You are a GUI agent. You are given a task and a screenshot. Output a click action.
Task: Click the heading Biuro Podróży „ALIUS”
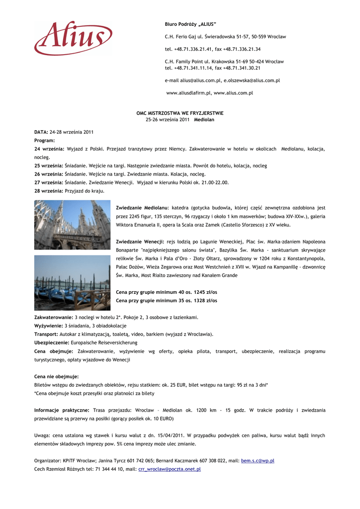click(190, 24)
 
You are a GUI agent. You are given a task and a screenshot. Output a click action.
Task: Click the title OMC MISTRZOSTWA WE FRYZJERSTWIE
click(180, 113)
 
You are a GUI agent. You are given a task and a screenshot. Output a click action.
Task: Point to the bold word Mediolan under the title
click(204, 120)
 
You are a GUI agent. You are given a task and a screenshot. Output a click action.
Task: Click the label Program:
click(44, 141)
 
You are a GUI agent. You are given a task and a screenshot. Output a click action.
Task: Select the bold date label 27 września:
click(49, 182)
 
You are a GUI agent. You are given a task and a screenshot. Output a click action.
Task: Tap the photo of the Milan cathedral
click(72, 225)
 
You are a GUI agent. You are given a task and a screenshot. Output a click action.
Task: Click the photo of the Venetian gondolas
click(72, 283)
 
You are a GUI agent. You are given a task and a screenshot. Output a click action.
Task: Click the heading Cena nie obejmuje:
click(56, 377)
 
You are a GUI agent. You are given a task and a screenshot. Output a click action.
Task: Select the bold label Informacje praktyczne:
click(62, 410)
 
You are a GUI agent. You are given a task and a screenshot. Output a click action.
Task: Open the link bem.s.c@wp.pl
click(258, 461)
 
